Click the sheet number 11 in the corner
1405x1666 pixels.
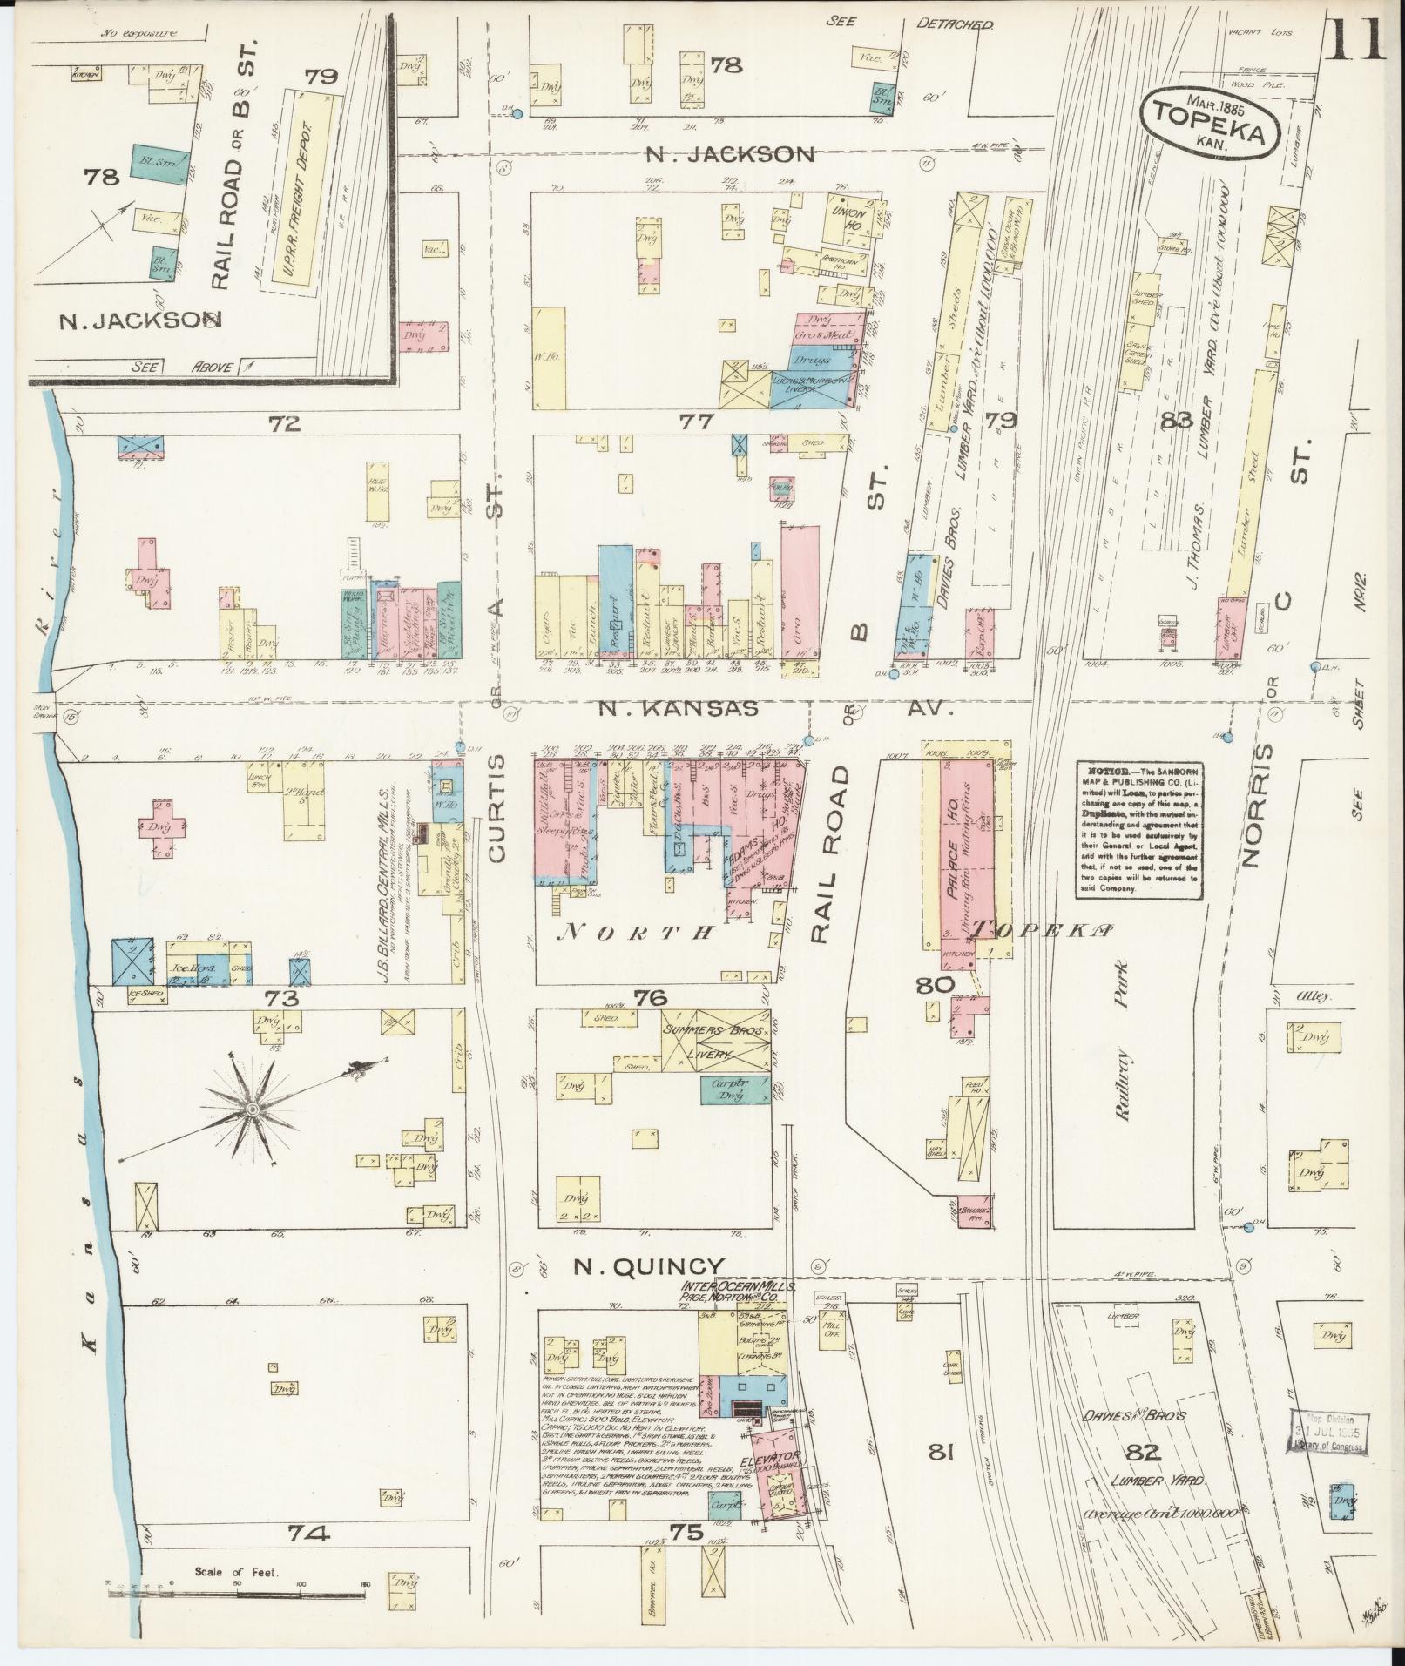pos(1355,38)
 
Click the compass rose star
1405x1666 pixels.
pos(252,1109)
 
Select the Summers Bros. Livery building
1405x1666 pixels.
pos(714,1041)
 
